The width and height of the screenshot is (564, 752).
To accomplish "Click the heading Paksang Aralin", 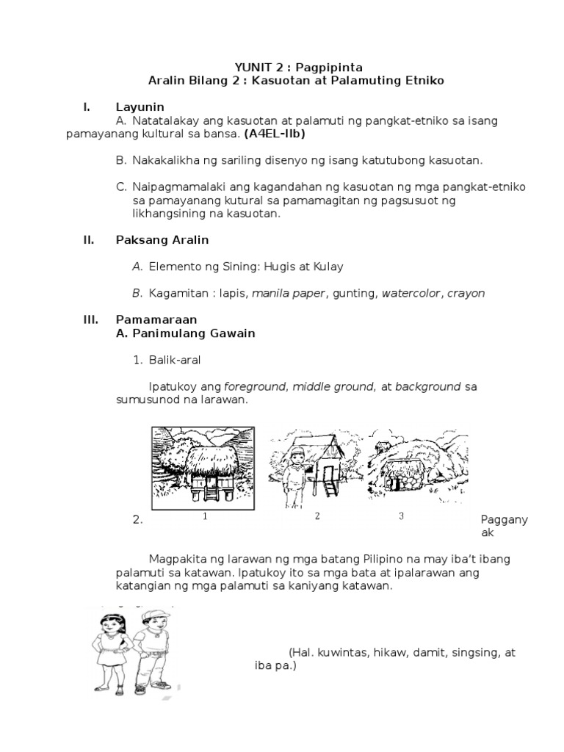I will (x=162, y=240).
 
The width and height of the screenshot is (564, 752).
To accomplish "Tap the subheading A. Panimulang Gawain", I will (x=185, y=333).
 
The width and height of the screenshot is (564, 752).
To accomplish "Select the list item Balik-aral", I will (x=173, y=360).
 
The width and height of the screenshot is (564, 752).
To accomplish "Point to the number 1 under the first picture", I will (x=205, y=516).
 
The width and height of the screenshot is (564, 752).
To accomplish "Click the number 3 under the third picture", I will (x=401, y=516).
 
